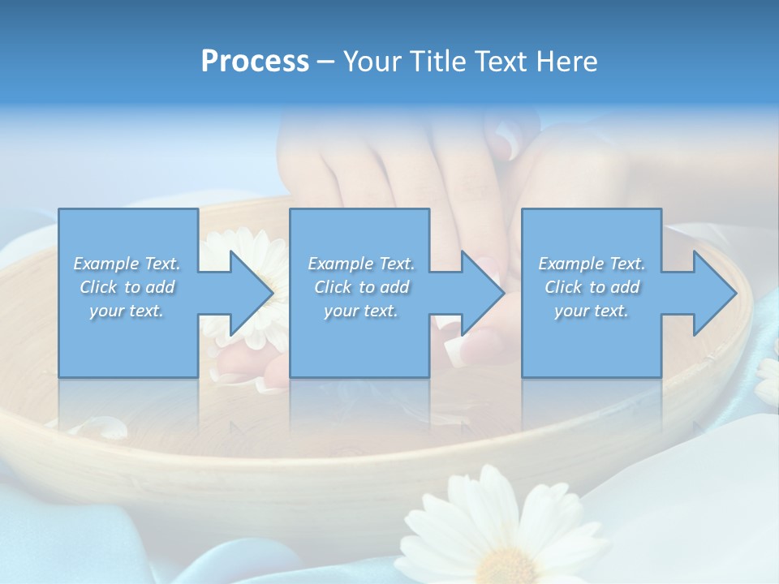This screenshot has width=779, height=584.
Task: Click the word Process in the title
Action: click(255, 62)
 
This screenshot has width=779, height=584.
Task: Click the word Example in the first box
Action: click(106, 264)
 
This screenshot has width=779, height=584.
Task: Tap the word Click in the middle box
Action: click(332, 287)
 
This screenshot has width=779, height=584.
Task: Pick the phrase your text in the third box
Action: click(591, 311)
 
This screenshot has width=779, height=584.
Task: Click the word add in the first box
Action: click(161, 287)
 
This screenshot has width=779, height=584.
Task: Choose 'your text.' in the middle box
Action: click(360, 311)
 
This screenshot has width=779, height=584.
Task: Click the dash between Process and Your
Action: click(326, 62)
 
